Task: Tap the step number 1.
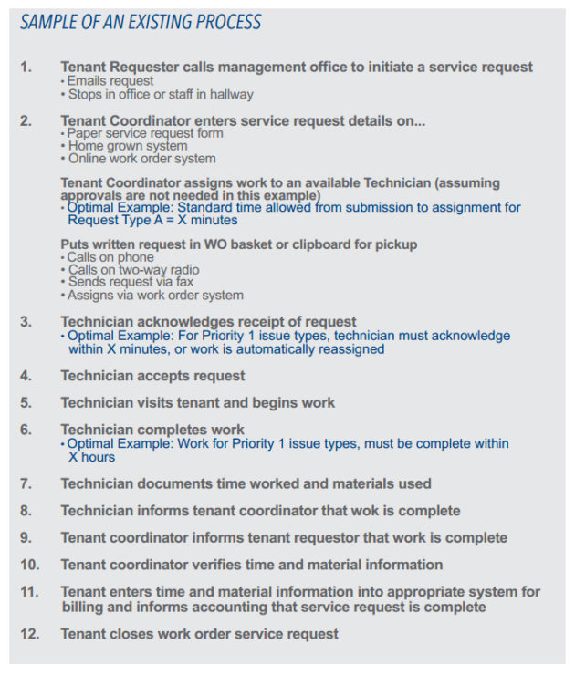pyautogui.click(x=26, y=67)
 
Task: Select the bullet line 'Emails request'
pyautogui.click(x=110, y=80)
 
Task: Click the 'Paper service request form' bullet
pyautogui.click(x=145, y=133)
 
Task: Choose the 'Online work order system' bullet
pyautogui.click(x=141, y=159)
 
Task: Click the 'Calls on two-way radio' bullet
pyautogui.click(x=133, y=270)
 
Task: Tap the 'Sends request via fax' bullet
pyautogui.click(x=131, y=282)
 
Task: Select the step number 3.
pyautogui.click(x=26, y=322)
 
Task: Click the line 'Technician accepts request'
pyautogui.click(x=152, y=375)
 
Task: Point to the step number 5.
pyautogui.click(x=26, y=402)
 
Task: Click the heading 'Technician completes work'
pyautogui.click(x=152, y=430)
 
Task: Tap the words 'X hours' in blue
pyautogui.click(x=91, y=457)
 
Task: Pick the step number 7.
pyautogui.click(x=26, y=483)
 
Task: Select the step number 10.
pyautogui.click(x=29, y=565)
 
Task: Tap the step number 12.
pyautogui.click(x=29, y=633)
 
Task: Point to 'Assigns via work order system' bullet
pyautogui.click(x=155, y=295)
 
